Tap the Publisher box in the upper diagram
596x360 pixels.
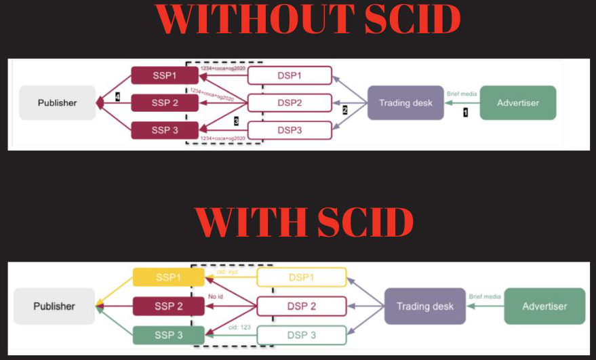point(58,103)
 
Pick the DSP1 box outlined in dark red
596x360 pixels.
point(290,75)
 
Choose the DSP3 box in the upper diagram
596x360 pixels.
point(290,129)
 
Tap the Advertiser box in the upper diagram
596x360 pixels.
point(518,103)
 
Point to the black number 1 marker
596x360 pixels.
point(465,113)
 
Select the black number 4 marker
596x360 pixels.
point(117,97)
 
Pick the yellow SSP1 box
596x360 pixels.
point(168,277)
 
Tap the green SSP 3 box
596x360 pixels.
point(168,335)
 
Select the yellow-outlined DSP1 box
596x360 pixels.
point(302,277)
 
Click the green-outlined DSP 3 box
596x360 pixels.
point(302,335)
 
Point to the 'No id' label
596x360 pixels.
point(217,296)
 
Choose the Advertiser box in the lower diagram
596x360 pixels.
point(544,306)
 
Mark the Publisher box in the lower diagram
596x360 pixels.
point(54,306)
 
